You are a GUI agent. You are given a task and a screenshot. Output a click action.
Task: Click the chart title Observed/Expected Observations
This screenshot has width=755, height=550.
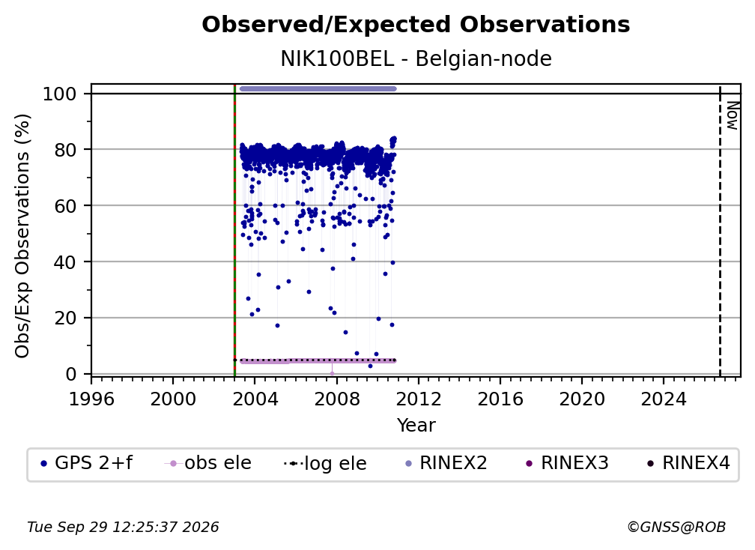(x=416, y=25)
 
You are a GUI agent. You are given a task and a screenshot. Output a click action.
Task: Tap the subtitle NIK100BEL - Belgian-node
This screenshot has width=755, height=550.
(x=416, y=59)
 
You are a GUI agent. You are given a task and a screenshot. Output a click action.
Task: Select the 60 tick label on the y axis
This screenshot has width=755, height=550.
(x=65, y=206)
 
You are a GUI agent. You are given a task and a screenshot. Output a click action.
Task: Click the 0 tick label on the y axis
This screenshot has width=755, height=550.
(x=71, y=374)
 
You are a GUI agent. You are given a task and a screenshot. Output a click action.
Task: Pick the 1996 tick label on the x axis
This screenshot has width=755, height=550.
(x=91, y=399)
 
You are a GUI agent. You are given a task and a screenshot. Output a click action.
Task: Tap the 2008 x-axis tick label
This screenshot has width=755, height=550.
(x=336, y=399)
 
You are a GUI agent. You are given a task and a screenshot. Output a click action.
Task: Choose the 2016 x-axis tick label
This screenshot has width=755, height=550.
(x=500, y=399)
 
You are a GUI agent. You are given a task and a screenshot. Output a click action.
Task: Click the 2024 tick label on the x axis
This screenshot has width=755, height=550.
(x=664, y=399)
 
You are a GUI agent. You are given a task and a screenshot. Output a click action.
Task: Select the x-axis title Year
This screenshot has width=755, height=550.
(x=416, y=426)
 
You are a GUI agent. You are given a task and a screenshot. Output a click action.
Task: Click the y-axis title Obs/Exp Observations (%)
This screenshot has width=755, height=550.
(x=22, y=236)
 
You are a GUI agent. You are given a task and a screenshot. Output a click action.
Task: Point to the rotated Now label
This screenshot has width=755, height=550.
(x=732, y=115)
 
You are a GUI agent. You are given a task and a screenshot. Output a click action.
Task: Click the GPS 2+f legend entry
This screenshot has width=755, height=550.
(x=86, y=463)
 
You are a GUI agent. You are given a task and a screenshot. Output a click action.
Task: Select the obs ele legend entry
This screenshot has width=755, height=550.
(x=208, y=463)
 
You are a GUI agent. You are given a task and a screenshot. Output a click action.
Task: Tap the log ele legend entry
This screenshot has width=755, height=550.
(x=326, y=464)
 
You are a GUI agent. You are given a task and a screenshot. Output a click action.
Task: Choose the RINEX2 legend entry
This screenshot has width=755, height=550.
(x=446, y=463)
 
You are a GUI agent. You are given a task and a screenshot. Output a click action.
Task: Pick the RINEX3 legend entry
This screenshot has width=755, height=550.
(x=568, y=463)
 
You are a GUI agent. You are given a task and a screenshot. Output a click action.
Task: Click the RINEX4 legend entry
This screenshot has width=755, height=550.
(x=689, y=463)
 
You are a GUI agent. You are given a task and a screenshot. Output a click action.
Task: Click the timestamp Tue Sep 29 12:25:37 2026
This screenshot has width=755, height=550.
(x=123, y=528)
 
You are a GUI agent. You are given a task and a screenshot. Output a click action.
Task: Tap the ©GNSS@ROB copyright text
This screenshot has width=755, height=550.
(x=676, y=528)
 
